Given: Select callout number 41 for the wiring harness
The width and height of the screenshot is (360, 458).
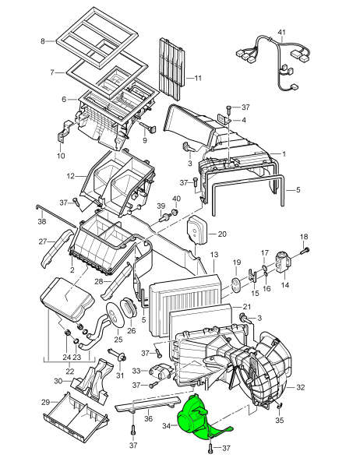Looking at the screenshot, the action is (281, 33).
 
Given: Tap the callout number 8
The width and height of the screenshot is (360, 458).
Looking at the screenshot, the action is (43, 41).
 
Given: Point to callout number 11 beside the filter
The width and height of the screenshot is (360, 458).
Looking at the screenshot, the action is (198, 78).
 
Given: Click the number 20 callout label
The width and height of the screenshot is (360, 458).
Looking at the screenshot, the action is (222, 234).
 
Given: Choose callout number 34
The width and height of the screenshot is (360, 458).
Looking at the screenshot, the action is (166, 426).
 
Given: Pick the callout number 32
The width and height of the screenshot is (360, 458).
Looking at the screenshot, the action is (301, 387).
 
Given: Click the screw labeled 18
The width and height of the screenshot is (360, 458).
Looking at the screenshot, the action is (306, 250).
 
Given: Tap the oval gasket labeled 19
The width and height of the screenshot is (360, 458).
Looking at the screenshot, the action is (236, 284).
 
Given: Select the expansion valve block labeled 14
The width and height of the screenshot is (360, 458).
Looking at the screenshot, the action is (283, 262).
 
